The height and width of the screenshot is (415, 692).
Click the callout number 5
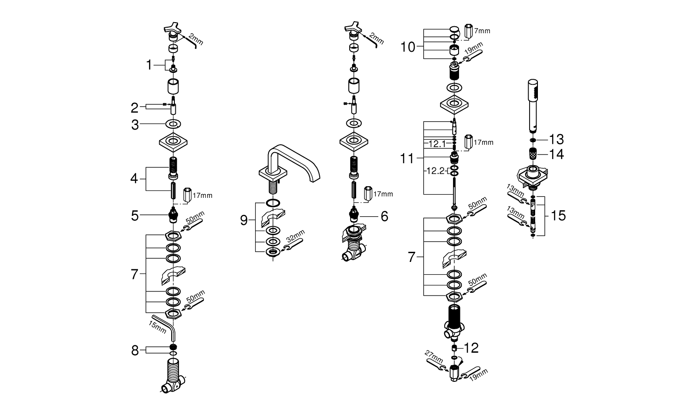tap(135, 216)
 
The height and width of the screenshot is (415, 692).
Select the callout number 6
tap(384, 216)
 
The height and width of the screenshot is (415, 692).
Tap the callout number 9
tap(244, 220)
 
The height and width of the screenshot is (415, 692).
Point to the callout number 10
tap(408, 47)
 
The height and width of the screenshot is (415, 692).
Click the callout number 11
tap(407, 159)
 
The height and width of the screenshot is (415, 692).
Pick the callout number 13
tap(556, 140)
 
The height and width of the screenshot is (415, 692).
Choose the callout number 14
tap(556, 154)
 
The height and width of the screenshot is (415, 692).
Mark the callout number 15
tap(558, 215)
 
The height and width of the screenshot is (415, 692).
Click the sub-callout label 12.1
tap(437, 144)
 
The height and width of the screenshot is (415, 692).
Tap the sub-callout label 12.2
tap(435, 171)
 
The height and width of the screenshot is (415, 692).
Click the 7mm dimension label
tap(482, 31)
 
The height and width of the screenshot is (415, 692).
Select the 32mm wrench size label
tap(296, 236)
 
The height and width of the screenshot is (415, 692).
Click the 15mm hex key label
tap(157, 327)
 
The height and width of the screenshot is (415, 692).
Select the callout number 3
tap(135, 125)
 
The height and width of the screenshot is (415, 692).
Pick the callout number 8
tap(135, 351)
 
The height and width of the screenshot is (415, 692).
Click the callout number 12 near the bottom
tap(471, 348)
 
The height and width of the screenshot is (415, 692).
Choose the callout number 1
tap(149, 65)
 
